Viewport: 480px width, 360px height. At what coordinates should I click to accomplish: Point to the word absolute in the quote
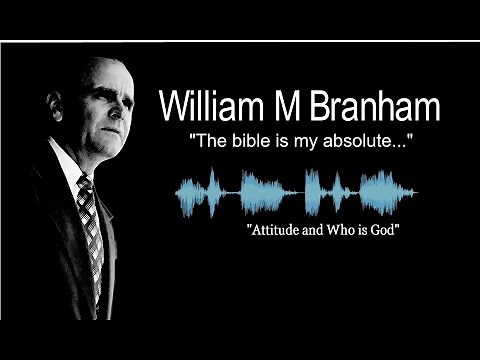pyautogui.click(x=362, y=141)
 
